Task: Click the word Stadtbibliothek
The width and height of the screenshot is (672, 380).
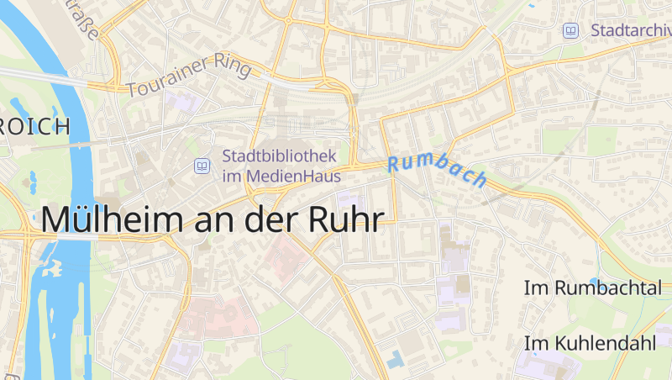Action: click(x=279, y=156)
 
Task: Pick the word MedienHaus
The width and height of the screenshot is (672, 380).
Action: click(x=291, y=177)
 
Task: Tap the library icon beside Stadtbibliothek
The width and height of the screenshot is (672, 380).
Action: click(x=202, y=166)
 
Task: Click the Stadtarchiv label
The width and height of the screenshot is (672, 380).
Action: click(x=631, y=30)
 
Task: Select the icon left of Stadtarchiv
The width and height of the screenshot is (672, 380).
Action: click(x=571, y=30)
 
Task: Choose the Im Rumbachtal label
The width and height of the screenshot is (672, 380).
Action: click(x=593, y=288)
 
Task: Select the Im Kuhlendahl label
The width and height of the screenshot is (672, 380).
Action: click(x=590, y=343)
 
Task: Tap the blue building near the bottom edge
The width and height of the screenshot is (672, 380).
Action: click(x=395, y=359)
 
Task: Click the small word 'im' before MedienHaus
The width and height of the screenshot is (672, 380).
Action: click(x=231, y=177)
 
